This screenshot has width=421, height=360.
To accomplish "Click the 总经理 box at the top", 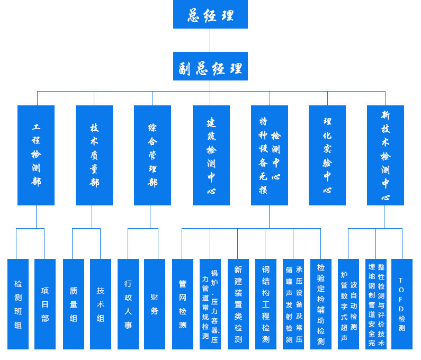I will coord(210,14).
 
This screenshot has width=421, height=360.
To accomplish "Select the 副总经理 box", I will coord(210,66).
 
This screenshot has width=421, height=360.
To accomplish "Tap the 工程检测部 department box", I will coord(36,155).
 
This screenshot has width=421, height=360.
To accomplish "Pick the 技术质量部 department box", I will coord(94,155).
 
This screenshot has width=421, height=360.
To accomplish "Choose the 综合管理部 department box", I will coord(153,155).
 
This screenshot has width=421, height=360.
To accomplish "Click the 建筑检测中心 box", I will coord(211,155).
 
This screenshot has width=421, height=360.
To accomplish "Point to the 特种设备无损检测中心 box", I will coord(270,155).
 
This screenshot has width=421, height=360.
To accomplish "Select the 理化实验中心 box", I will coord(327,155).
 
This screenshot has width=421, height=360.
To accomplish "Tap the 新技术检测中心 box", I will coord(386,155).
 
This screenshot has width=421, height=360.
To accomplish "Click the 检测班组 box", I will coord(18,304).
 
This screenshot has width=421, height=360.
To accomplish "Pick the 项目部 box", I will coord(45,304).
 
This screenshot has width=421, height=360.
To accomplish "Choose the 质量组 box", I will coord(74,304).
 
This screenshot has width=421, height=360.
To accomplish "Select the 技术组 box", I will coord(101,304).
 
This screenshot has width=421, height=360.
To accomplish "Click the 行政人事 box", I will coord(128,304).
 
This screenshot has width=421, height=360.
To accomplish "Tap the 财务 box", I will coord(155,304).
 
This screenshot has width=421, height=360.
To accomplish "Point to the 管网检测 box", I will coord(183,304).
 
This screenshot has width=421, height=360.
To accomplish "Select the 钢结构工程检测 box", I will coord(266,304).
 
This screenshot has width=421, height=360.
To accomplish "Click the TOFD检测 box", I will coord(402,304).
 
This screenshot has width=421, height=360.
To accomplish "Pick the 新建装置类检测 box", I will coord(238,304).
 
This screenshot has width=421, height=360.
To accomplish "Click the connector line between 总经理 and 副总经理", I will coord(210,40).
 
